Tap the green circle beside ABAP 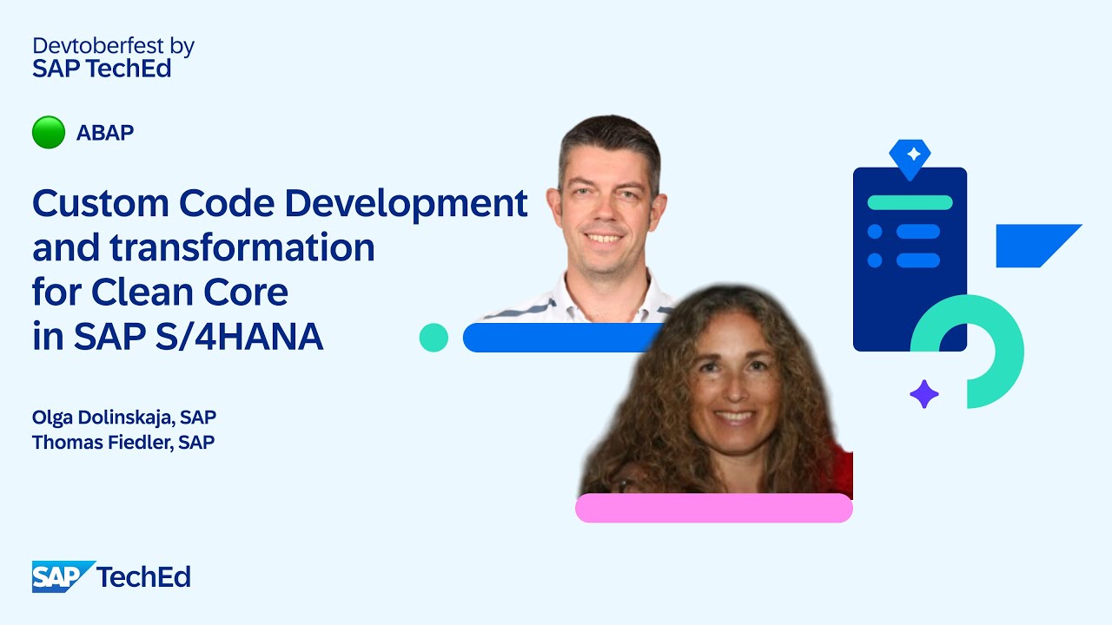point(49,133)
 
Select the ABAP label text point(105,133)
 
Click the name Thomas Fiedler point(102,443)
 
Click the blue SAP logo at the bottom point(62,577)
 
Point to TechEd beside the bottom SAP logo point(144,577)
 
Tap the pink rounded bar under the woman point(713,508)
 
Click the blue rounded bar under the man point(556,338)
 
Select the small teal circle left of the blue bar point(434,338)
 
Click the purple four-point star point(924,394)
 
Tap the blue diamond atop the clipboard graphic point(910,157)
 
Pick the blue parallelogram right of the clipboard point(1034,246)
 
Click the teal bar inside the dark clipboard point(910,203)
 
